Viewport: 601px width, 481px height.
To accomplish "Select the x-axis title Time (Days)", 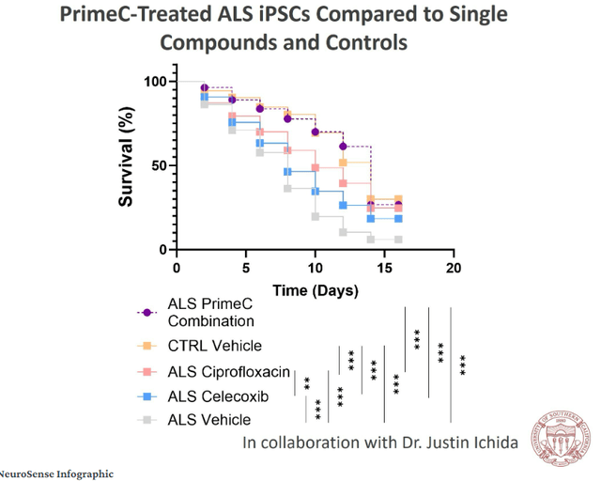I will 315,290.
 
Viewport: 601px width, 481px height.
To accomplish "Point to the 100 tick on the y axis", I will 154,82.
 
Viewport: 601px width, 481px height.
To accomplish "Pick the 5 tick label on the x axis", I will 246,268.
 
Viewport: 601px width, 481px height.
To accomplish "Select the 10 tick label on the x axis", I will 316,268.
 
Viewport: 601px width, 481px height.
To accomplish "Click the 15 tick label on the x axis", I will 385,268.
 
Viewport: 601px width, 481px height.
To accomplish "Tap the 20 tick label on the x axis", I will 455,268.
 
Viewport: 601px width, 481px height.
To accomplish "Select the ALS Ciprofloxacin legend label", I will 227,372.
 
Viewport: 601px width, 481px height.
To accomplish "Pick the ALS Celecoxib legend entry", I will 216,396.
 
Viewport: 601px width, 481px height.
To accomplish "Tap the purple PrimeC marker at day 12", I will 344,146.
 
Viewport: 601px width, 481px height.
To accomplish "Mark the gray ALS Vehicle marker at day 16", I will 398,240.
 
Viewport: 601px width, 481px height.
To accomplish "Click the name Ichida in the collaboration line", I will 491,442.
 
